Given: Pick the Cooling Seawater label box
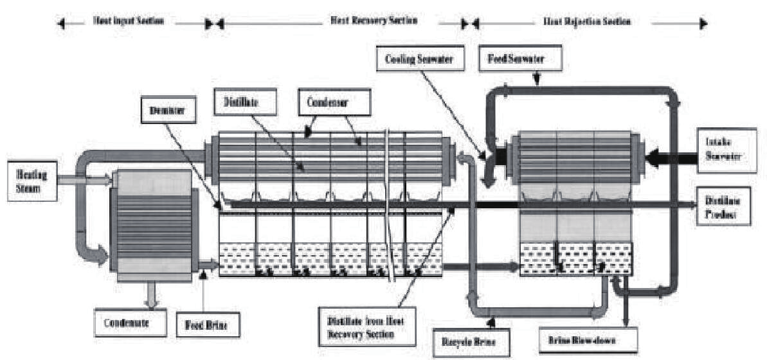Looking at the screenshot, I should coord(415,59).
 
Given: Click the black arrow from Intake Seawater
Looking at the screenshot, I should coord(669,156).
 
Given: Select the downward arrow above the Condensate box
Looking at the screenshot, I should coord(152,294).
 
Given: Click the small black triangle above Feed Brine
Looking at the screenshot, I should coord(204,275).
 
